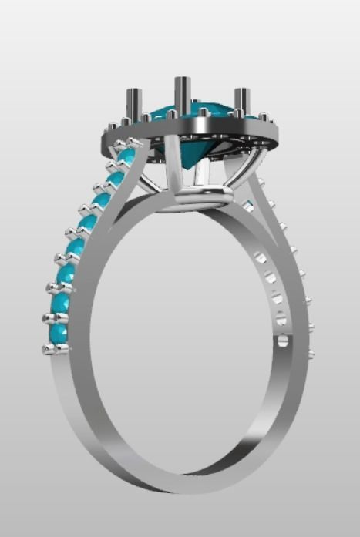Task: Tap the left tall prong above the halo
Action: click(133, 105)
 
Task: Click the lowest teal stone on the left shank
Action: click(58, 333)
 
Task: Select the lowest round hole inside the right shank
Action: click(282, 338)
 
